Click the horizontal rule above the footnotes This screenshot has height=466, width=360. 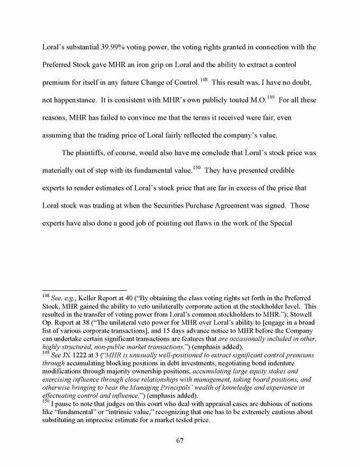click(85, 290)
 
